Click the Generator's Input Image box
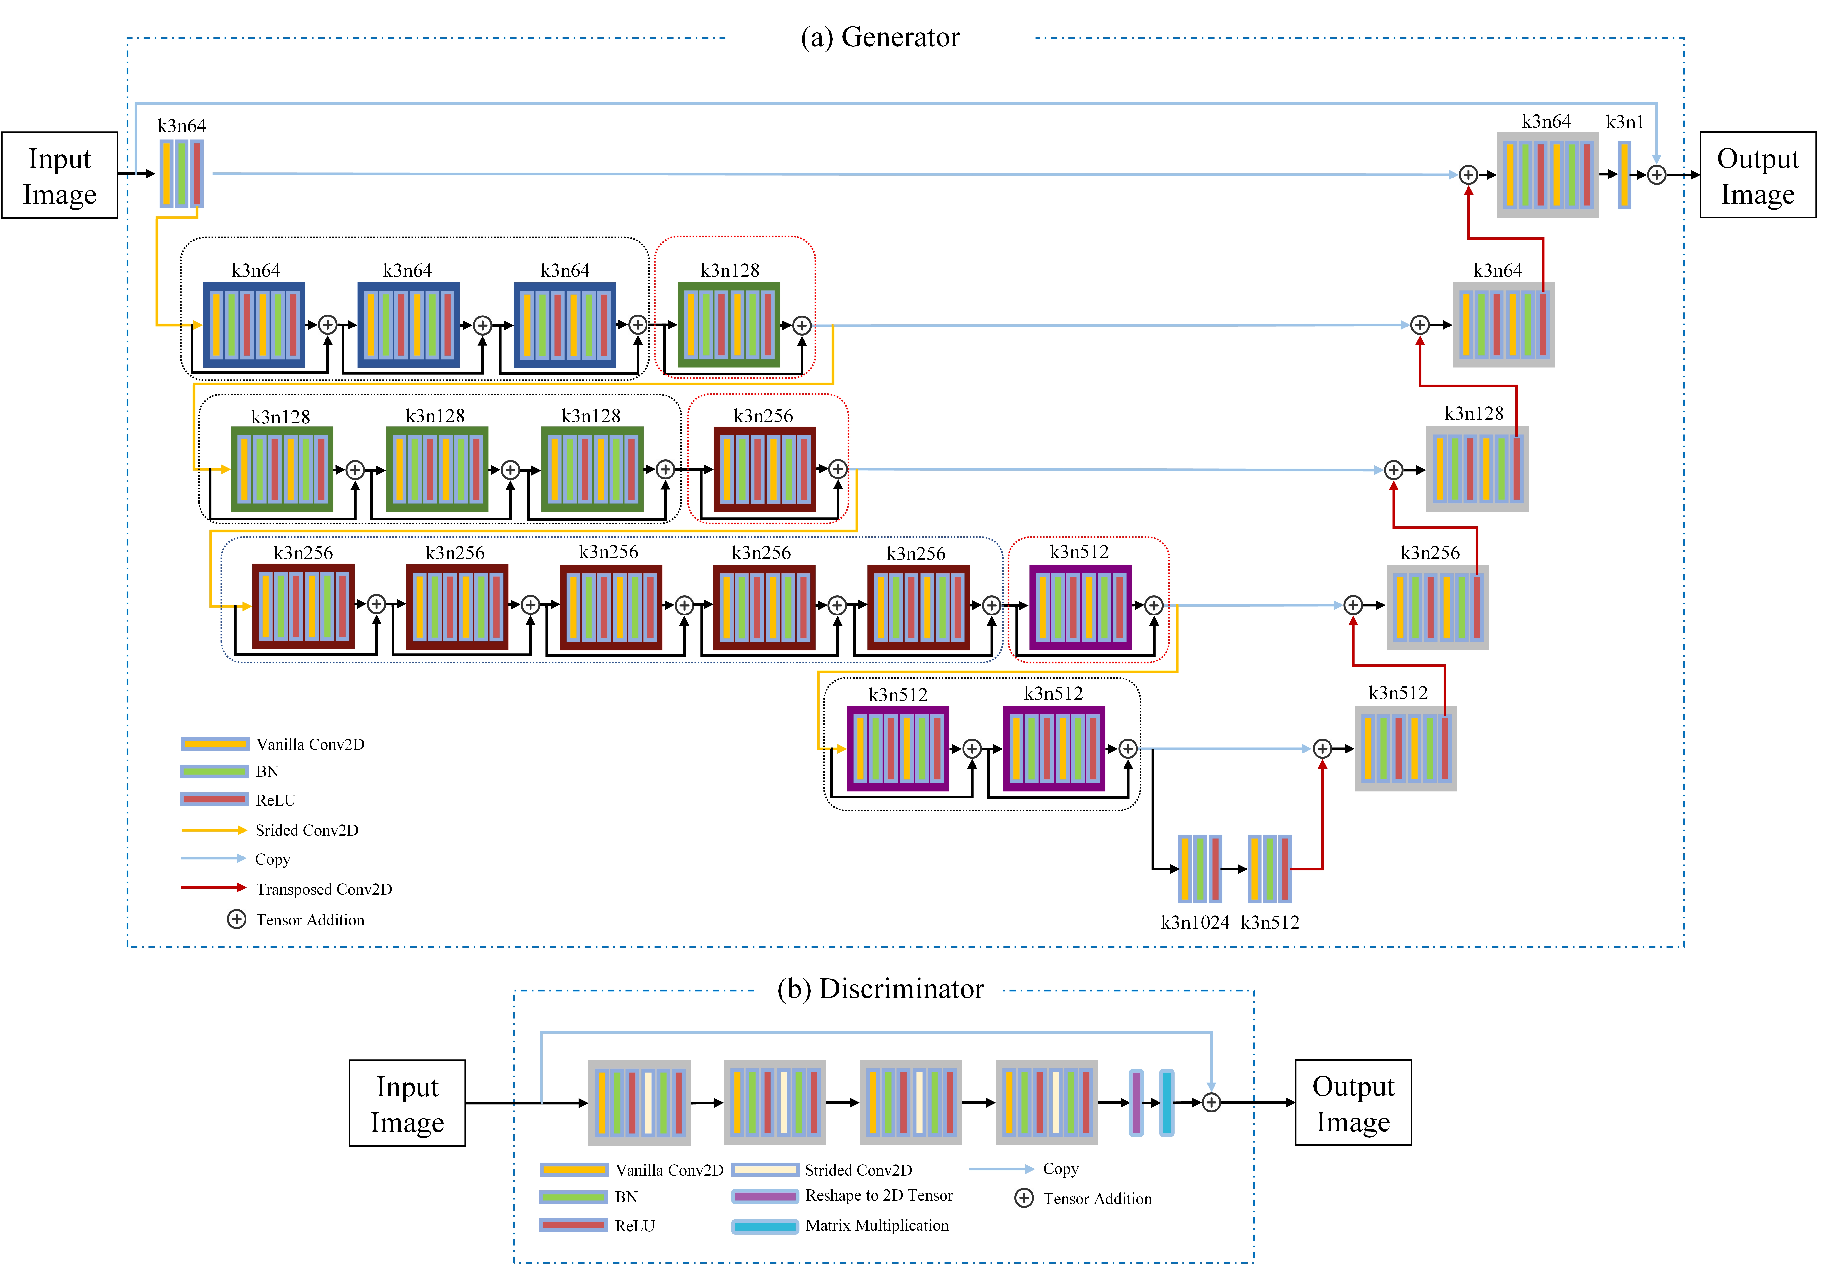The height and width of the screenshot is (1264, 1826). click(x=59, y=175)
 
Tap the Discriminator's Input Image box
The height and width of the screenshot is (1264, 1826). click(x=407, y=1103)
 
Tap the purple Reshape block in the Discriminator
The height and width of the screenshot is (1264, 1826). click(x=1136, y=1102)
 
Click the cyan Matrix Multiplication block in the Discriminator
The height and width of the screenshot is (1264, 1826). click(x=1166, y=1102)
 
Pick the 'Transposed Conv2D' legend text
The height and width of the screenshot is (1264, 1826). click(x=324, y=889)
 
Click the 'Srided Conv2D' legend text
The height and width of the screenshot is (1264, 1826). click(x=306, y=830)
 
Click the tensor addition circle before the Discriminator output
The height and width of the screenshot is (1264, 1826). click(x=1211, y=1102)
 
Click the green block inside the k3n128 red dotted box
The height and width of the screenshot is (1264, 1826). click(x=728, y=325)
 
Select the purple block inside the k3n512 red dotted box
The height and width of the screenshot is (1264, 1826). click(x=1080, y=607)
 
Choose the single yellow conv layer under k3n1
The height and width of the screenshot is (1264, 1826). click(x=1624, y=175)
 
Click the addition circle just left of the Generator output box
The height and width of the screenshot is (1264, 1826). click(x=1657, y=175)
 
